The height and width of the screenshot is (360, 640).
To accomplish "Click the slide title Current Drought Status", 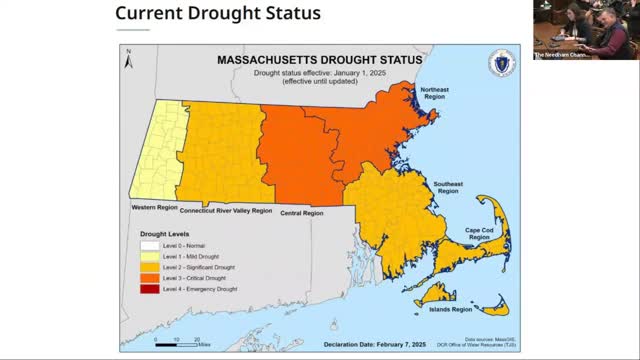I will (218, 14).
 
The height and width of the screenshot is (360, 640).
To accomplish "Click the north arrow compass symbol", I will (128, 62).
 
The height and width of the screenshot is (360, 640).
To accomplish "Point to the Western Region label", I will (154, 207).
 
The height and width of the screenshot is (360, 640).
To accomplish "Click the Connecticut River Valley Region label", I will (226, 211).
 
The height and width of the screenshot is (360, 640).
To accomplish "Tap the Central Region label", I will (301, 213).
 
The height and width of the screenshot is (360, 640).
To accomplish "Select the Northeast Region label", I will (433, 93).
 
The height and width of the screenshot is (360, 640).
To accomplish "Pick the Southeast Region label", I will (447, 188).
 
